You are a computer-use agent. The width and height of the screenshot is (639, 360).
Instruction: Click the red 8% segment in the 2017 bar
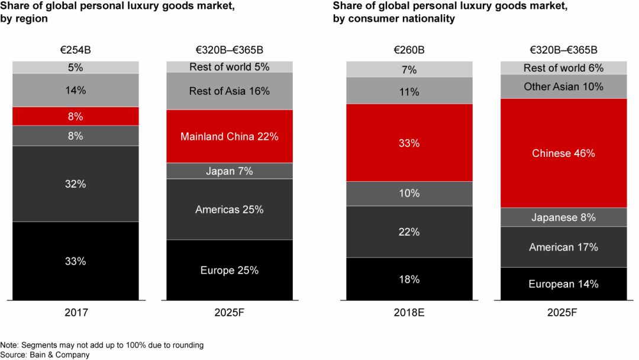click(x=76, y=116)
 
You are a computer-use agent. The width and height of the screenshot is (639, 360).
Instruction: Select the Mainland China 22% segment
click(x=230, y=136)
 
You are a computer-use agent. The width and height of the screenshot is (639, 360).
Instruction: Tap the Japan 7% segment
click(x=230, y=171)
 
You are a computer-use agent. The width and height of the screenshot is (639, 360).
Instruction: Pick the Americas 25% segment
click(x=230, y=209)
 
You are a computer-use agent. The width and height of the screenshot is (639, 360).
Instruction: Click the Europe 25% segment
click(x=230, y=270)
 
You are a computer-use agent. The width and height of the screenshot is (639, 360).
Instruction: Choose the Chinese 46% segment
click(x=563, y=153)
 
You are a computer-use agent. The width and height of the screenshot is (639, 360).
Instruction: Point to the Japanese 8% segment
click(x=563, y=217)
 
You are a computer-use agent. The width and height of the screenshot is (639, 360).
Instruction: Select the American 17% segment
click(x=563, y=247)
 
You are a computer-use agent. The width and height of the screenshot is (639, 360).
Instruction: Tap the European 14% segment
click(x=563, y=284)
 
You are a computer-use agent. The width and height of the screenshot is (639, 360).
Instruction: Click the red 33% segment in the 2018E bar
click(x=409, y=143)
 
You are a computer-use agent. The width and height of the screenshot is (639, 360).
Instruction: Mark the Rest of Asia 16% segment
click(x=230, y=91)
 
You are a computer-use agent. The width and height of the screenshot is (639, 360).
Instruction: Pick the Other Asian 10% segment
click(x=563, y=86)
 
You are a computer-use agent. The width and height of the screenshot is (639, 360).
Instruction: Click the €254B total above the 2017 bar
click(x=76, y=50)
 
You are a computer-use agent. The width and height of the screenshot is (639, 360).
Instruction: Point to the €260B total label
click(x=409, y=50)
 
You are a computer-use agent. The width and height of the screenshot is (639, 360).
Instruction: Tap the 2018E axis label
click(x=409, y=312)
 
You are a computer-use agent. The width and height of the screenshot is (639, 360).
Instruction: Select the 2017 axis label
click(x=76, y=312)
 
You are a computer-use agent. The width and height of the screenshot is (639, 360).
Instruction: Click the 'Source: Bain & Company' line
click(x=45, y=355)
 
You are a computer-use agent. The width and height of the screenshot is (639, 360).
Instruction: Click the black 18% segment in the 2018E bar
click(x=409, y=279)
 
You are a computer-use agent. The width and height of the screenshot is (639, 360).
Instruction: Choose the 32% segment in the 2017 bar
click(x=76, y=184)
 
